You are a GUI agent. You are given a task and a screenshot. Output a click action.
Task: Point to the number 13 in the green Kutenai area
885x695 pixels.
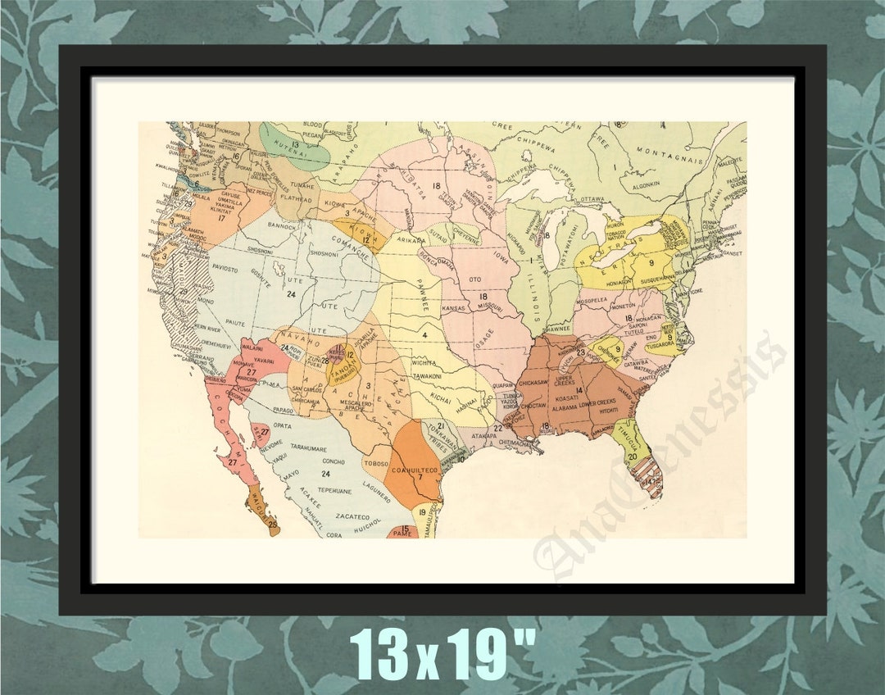pyautogui.click(x=293, y=145)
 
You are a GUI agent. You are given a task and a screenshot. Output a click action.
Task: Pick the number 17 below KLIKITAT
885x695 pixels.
pyautogui.click(x=220, y=219)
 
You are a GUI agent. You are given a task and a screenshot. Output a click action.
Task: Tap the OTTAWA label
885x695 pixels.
pyautogui.click(x=592, y=199)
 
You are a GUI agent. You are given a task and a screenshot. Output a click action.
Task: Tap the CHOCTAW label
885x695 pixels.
pyautogui.click(x=533, y=405)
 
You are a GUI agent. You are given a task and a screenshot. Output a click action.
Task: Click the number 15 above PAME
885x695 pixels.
pyautogui.click(x=404, y=529)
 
